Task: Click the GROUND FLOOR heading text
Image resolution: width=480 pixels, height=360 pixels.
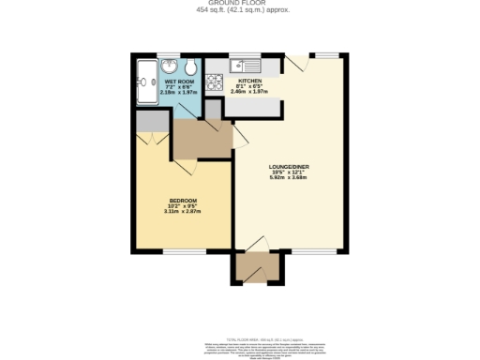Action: pyautogui.click(x=239, y=4)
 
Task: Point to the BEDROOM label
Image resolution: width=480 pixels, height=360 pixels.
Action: pyautogui.click(x=183, y=201)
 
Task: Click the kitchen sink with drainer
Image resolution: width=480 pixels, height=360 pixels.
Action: pyautogui.click(x=247, y=66)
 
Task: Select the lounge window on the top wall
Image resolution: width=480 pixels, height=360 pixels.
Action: pyautogui.click(x=327, y=54)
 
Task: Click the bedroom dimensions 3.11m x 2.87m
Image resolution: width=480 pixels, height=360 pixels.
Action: pyautogui.click(x=183, y=212)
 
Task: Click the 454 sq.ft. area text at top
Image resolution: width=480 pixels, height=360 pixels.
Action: pyautogui.click(x=239, y=10)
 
